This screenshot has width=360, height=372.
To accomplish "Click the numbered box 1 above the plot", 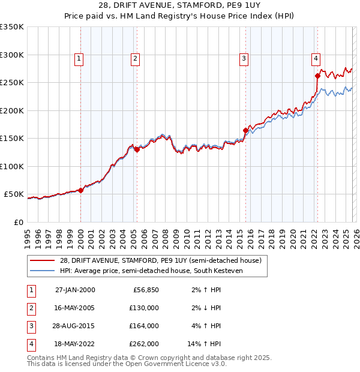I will click(80, 58).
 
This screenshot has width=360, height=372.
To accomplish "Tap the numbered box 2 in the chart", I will click(136, 58).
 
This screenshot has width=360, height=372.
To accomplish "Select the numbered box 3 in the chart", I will click(244, 58).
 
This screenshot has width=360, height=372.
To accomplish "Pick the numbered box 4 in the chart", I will click(316, 58).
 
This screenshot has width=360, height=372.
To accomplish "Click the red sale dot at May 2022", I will click(317, 76).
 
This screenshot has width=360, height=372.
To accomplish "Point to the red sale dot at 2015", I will click(245, 130).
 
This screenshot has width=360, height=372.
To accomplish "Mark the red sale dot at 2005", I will click(137, 149).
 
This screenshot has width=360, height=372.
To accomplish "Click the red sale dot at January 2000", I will click(81, 190).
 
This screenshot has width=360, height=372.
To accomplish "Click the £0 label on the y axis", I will click(18, 222).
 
